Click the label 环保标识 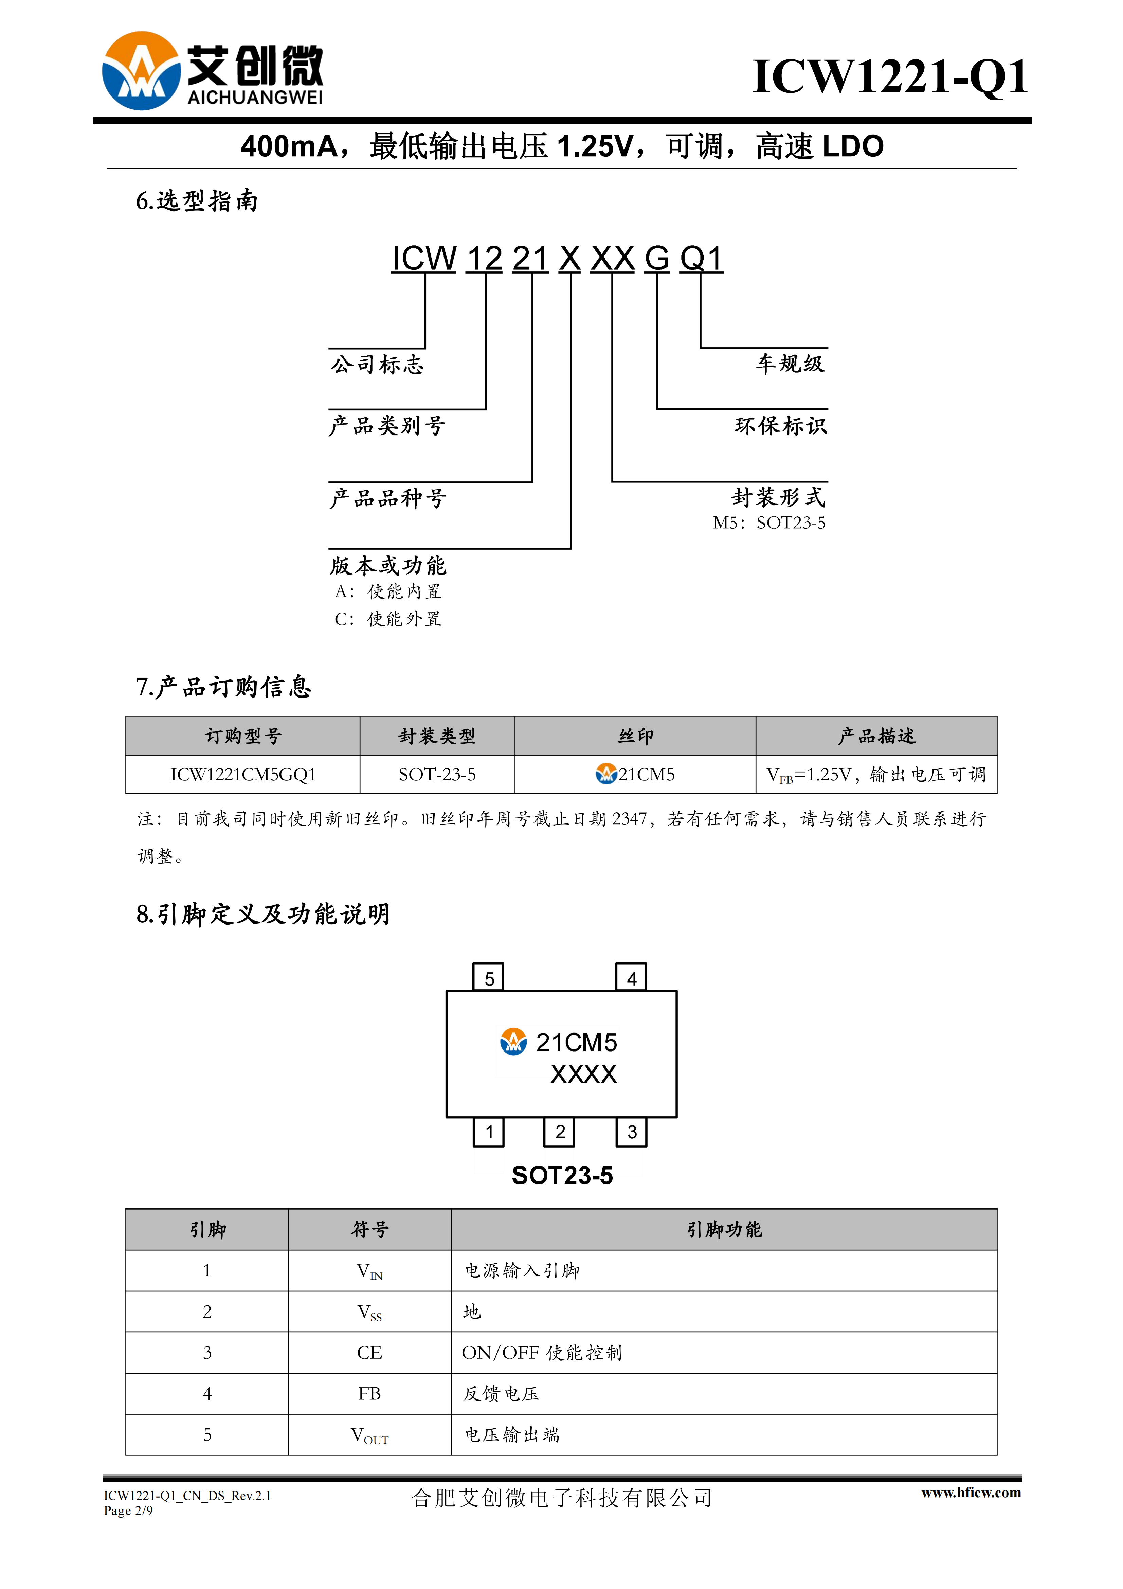tap(780, 425)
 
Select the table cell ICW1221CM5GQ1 tap(243, 774)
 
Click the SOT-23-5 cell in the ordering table tap(437, 774)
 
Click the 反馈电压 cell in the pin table tap(501, 1394)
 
